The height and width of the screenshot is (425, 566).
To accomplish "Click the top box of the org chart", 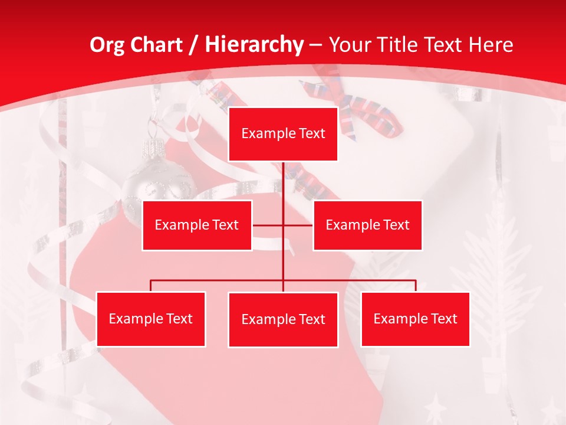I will point(283,134).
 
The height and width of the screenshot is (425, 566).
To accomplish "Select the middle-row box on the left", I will point(197,225).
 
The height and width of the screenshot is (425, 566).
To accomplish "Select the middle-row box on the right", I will point(367,225).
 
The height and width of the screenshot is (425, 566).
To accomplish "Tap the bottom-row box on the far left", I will point(151,319).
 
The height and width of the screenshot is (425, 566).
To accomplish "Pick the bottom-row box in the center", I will point(283,319).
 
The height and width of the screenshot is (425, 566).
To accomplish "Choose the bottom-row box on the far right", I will point(415,319).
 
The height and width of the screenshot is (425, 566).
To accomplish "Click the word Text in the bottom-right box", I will point(444,319).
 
